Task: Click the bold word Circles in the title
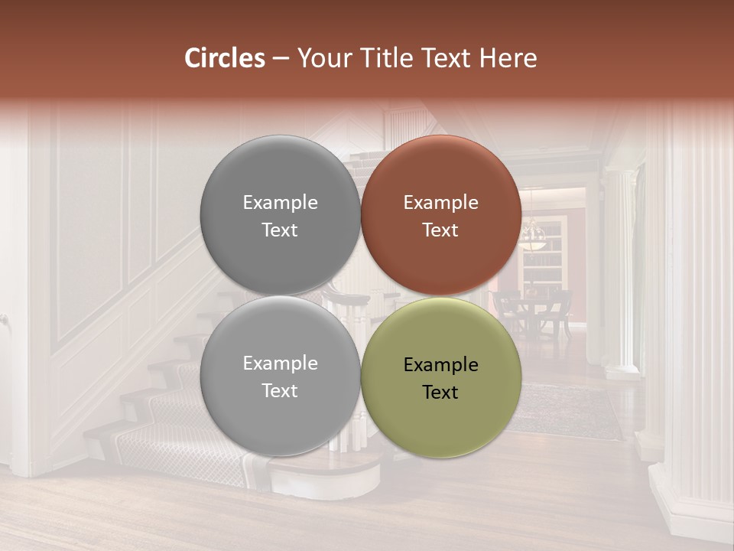[225, 58]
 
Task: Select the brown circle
[441, 215]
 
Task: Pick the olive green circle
[441, 377]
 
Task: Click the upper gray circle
[280, 215]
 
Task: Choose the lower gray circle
[280, 377]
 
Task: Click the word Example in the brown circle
[440, 202]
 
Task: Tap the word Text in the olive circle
[440, 392]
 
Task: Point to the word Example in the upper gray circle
[280, 202]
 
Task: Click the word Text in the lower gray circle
[280, 390]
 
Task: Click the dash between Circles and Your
[281, 58]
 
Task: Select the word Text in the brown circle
[440, 230]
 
